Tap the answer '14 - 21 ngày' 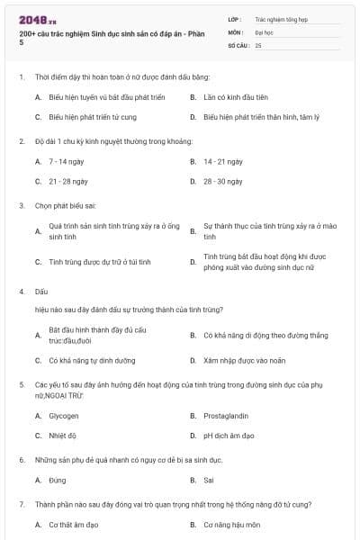tap(223, 161)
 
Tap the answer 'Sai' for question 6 tap(209, 480)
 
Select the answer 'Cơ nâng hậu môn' tap(230, 524)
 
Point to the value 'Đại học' tap(265, 31)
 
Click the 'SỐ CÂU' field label tap(238, 44)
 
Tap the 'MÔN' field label tap(236, 31)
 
